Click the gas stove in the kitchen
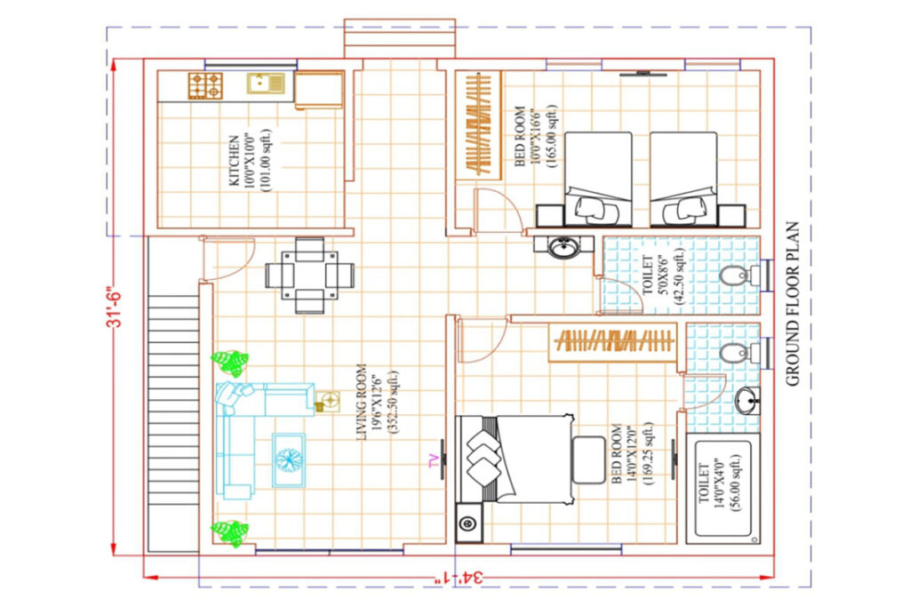point(205,85)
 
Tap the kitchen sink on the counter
point(267,83)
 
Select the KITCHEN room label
point(234,161)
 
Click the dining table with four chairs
point(310,276)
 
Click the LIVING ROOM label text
point(362,402)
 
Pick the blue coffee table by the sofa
point(289,460)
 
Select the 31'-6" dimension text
point(116,307)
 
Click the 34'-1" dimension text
point(459,578)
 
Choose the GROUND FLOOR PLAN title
point(793,304)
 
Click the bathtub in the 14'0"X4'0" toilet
point(723,489)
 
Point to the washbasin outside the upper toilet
point(563,247)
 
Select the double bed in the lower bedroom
point(515,459)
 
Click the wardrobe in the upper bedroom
point(479,124)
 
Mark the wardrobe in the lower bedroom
point(613,341)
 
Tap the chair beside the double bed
point(589,459)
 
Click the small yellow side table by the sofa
point(328,402)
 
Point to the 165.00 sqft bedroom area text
point(551,136)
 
